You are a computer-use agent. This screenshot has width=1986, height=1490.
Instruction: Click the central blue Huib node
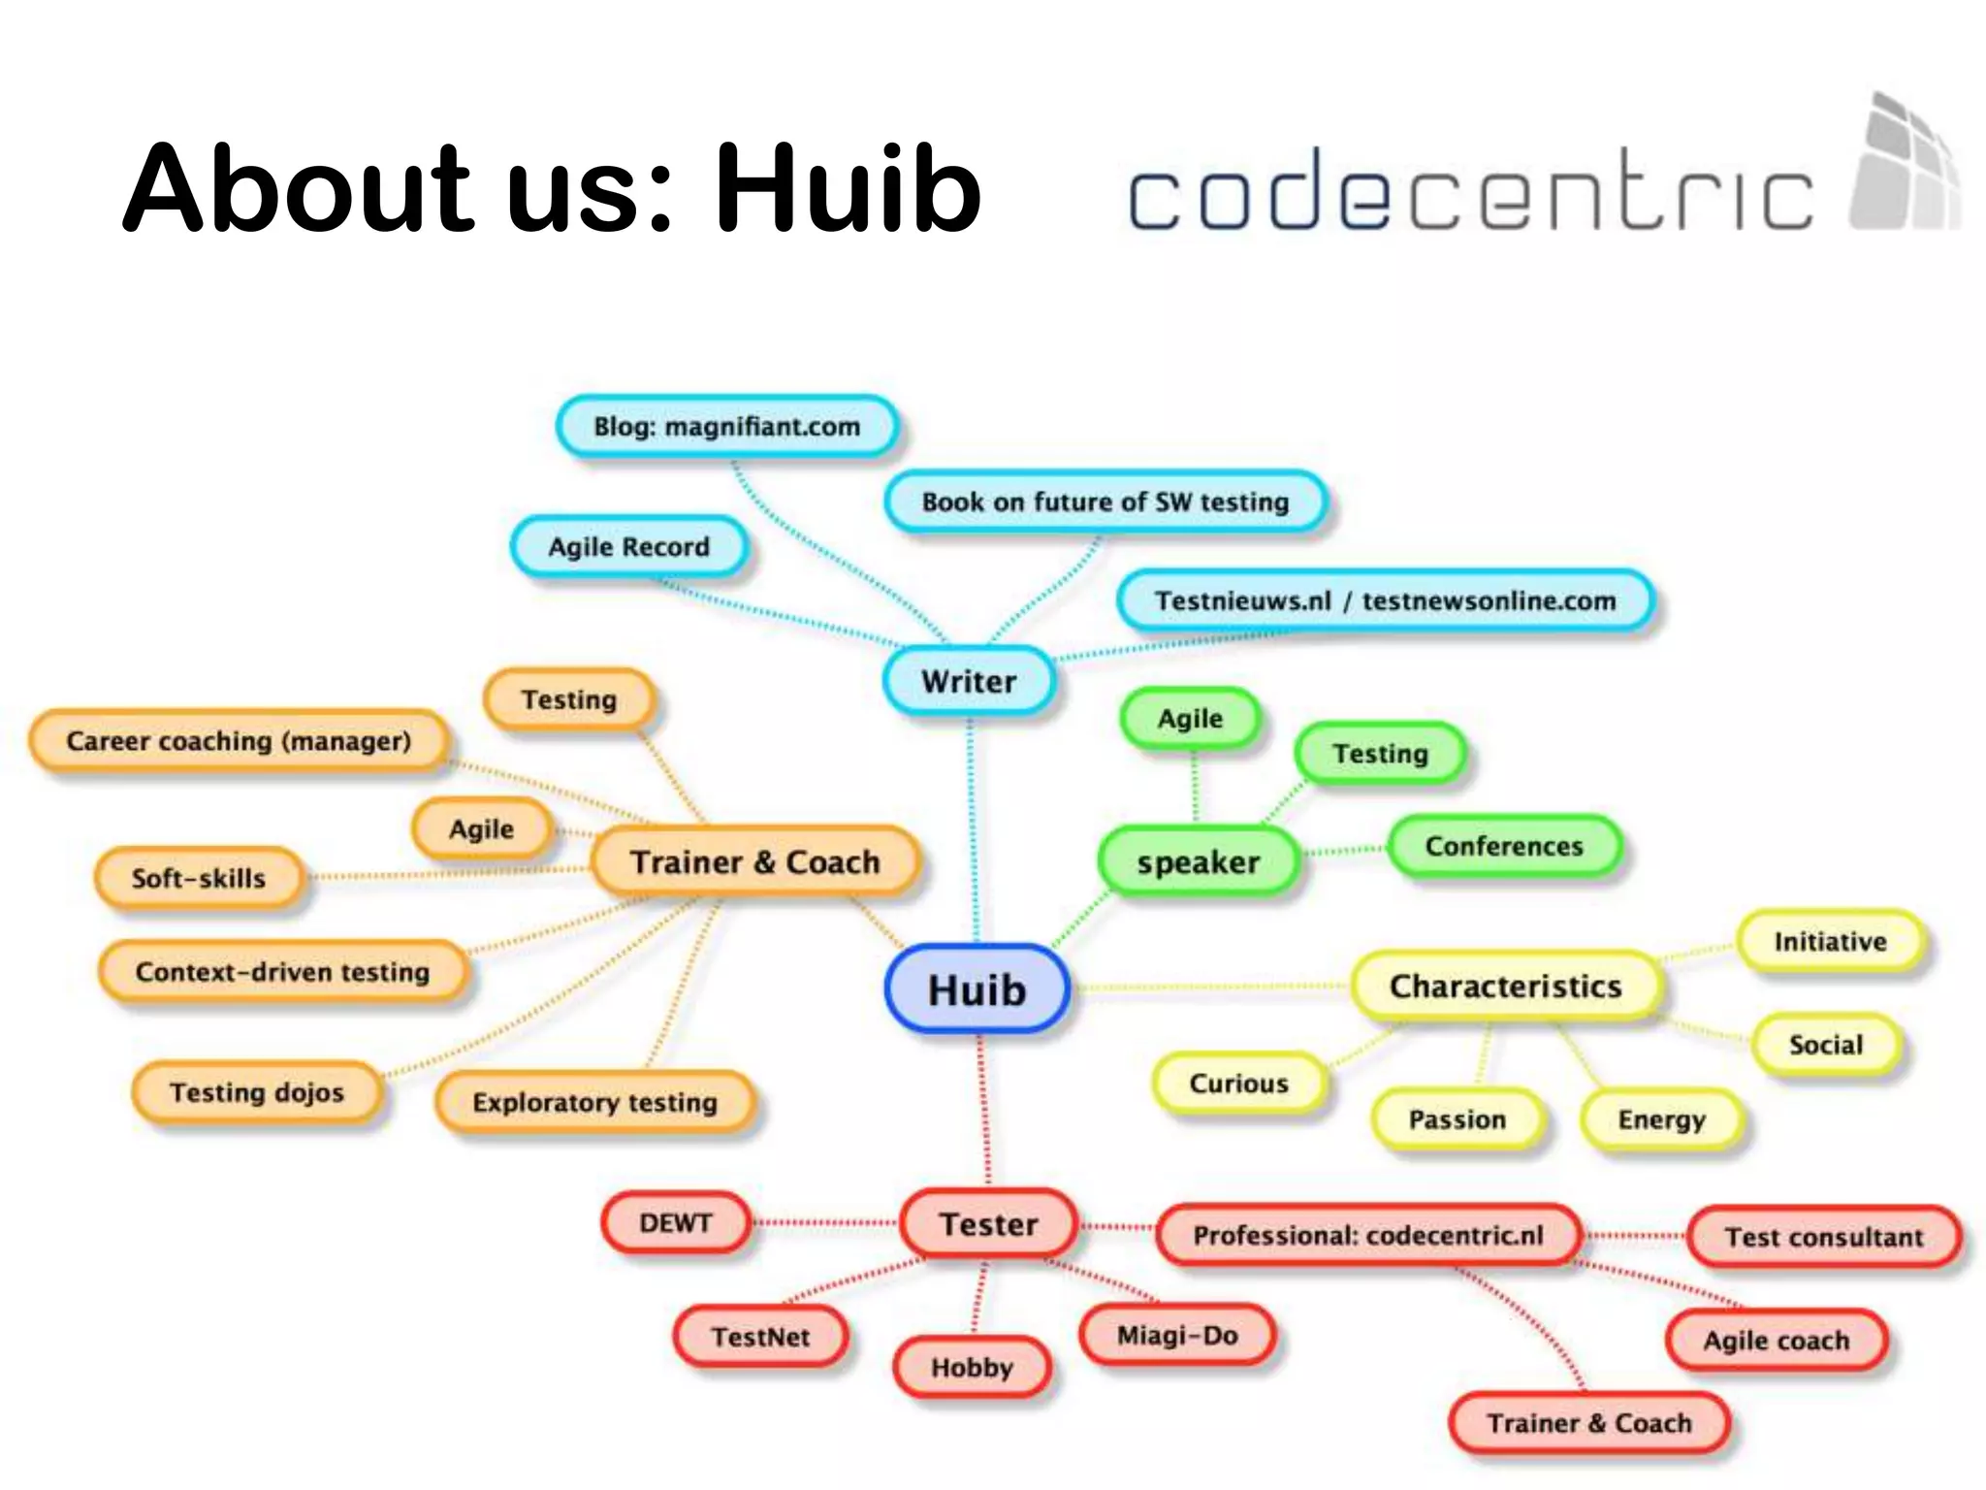977,989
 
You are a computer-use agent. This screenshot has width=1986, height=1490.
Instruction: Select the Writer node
969,681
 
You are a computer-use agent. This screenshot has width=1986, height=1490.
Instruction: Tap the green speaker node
1198,861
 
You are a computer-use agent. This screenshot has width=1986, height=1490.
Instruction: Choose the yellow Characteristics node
1505,987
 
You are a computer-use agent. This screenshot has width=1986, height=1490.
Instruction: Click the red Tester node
988,1224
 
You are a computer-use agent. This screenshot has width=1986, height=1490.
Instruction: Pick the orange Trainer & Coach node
755,861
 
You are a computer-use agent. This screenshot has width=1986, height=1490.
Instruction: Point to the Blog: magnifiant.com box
726,426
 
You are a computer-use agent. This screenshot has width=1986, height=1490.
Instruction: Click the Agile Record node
628,547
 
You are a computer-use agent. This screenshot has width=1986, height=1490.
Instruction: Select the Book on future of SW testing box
1105,502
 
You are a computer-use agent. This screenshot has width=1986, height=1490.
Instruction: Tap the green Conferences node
1504,846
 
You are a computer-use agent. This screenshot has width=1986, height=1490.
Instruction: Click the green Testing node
1380,754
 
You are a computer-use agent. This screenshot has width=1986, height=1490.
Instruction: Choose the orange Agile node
481,829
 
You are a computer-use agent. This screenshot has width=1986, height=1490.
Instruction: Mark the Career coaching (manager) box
239,741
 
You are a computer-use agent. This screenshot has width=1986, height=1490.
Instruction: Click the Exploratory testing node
594,1102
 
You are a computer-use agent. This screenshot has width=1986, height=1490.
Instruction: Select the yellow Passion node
1457,1119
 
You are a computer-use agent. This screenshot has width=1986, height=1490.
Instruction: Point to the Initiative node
1830,941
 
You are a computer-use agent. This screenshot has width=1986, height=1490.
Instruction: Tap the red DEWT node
676,1223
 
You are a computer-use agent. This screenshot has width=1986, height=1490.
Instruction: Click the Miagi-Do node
1177,1336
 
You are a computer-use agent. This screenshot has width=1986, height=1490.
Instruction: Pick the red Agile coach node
1777,1341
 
